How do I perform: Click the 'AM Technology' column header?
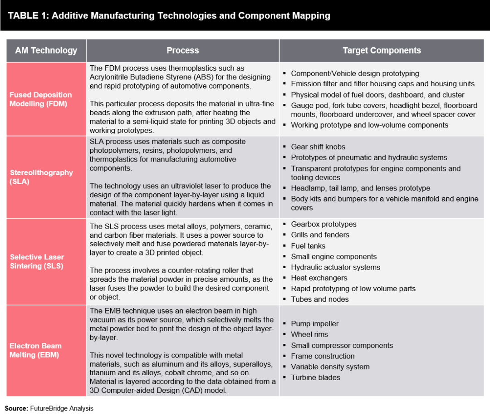click(x=46, y=50)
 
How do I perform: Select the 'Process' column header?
click(x=182, y=50)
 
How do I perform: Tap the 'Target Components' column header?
click(x=382, y=50)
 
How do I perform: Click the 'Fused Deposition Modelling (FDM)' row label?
click(x=41, y=99)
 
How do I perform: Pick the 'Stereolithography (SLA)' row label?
click(x=41, y=177)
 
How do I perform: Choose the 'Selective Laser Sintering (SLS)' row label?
click(x=37, y=261)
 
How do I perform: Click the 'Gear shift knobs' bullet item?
click(x=318, y=147)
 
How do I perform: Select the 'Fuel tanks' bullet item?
click(x=308, y=246)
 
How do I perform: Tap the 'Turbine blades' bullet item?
click(x=315, y=377)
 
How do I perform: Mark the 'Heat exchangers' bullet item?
click(x=319, y=278)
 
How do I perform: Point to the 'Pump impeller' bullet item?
click(x=314, y=323)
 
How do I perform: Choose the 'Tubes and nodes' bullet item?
click(x=319, y=299)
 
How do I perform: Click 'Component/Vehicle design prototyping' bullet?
click(x=355, y=73)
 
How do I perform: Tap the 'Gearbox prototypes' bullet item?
click(x=323, y=224)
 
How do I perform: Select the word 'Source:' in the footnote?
click(x=16, y=408)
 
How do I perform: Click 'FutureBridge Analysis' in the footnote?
click(x=62, y=408)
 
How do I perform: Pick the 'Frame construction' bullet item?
click(x=323, y=356)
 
